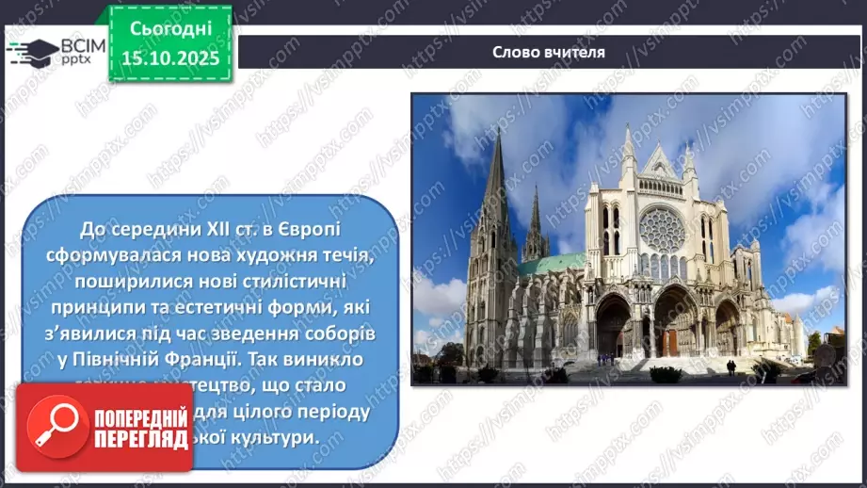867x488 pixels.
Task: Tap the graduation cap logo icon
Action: click(30, 50)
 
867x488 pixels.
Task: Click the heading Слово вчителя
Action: click(548, 52)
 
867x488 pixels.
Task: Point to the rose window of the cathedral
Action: click(662, 229)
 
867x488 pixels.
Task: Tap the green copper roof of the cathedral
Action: click(551, 265)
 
